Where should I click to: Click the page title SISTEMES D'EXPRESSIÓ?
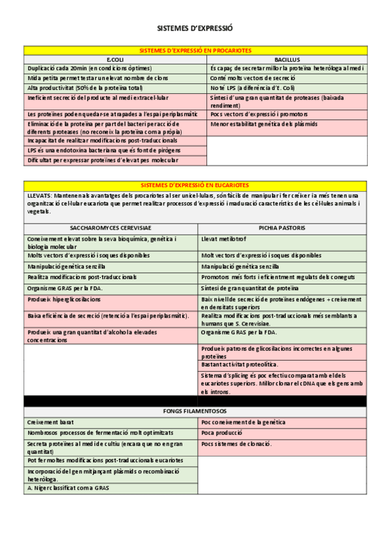(195, 29)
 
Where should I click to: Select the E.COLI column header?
(115, 59)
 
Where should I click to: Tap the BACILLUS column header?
(286, 59)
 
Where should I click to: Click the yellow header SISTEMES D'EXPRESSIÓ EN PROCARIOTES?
(195, 50)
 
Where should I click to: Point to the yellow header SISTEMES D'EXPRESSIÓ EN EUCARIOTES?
(195, 185)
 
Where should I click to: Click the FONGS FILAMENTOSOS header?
(195, 411)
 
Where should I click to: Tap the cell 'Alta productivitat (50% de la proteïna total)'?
(85, 87)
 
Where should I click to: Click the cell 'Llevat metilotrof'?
(227, 239)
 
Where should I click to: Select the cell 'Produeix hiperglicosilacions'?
(64, 299)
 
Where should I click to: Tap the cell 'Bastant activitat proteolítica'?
(240, 365)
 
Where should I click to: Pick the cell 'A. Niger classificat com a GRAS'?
(68, 488)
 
